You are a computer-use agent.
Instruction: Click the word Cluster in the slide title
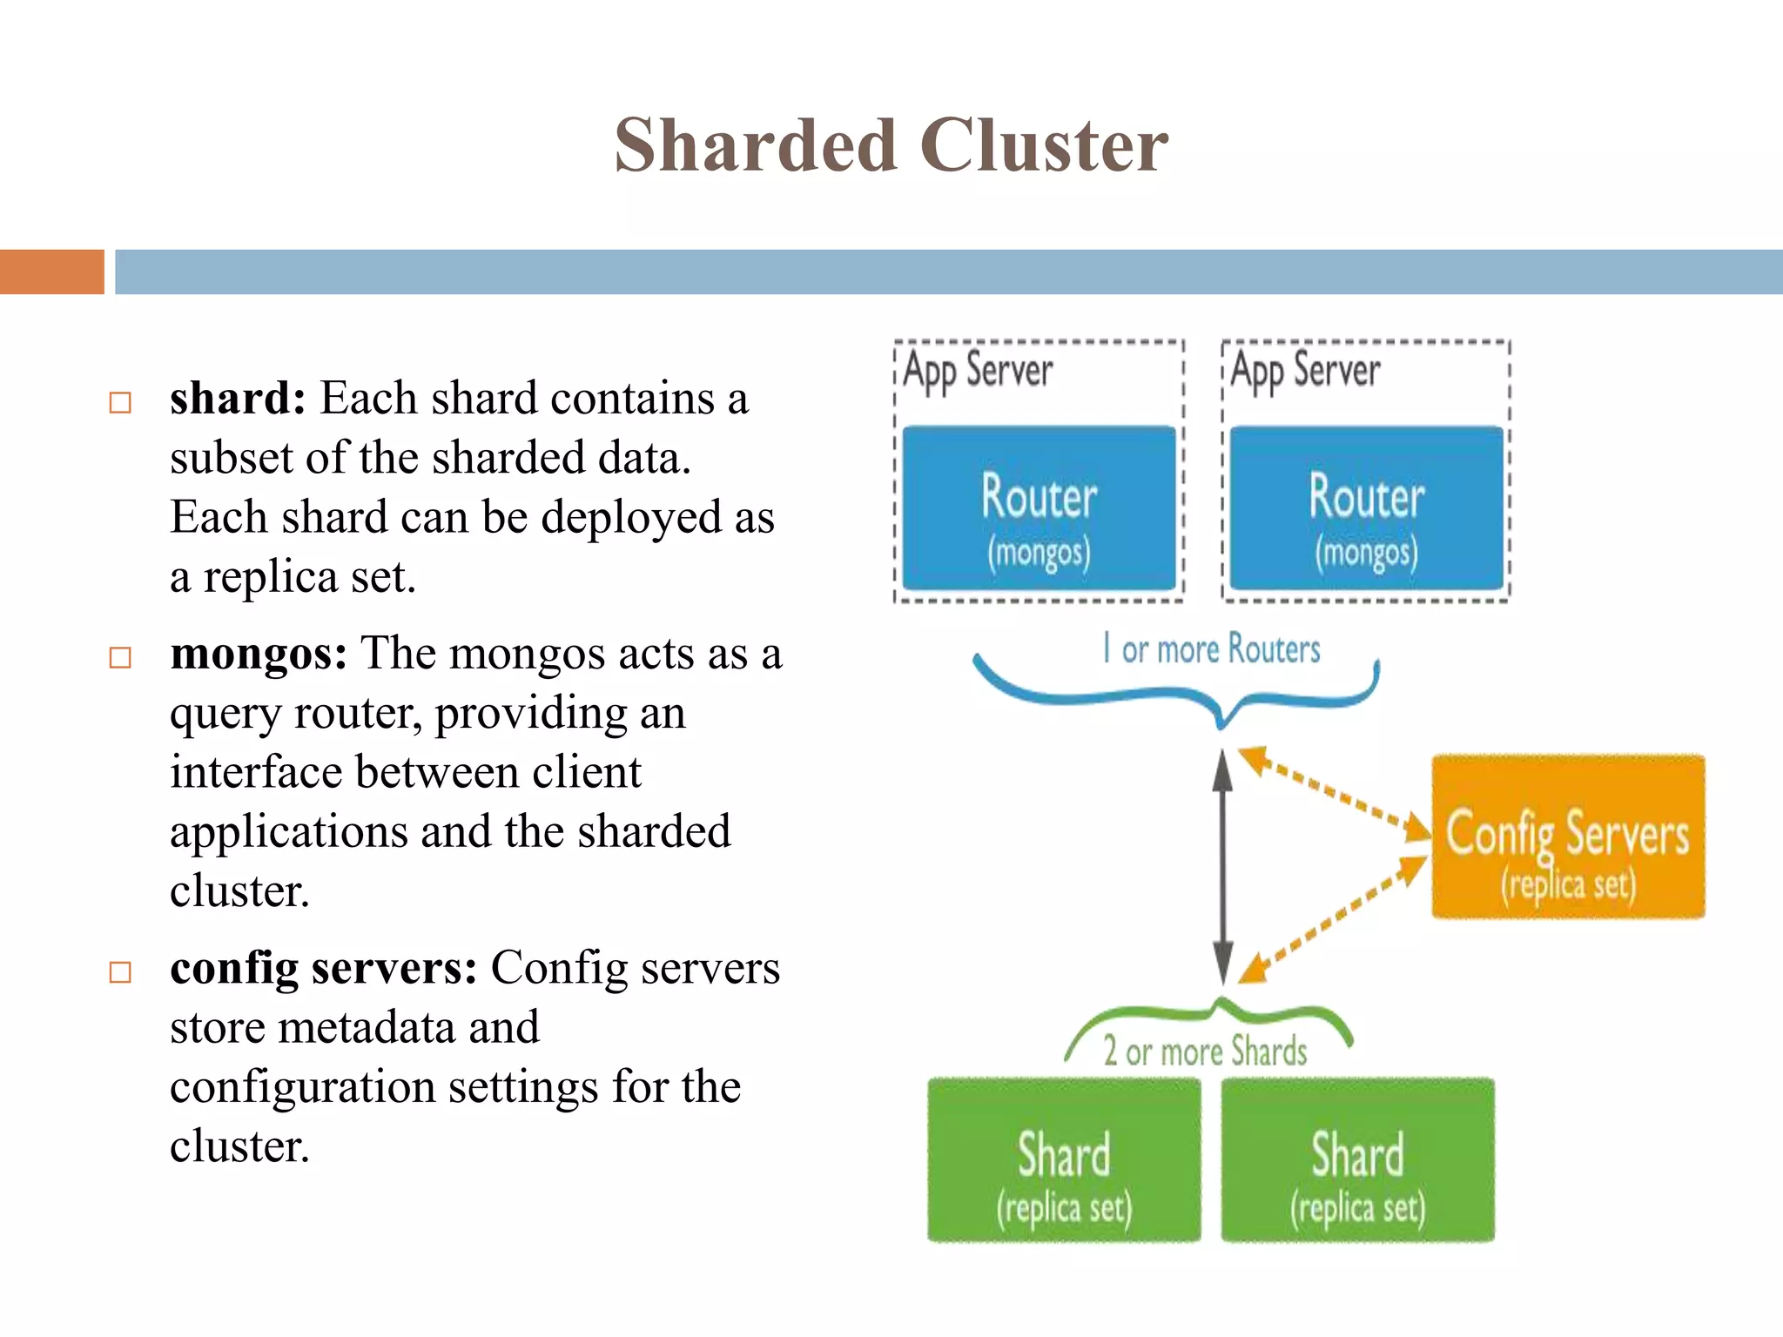pyautogui.click(x=1044, y=145)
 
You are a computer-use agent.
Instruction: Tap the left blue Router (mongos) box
pyautogui.click(x=1039, y=508)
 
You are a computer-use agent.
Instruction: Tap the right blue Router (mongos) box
pyautogui.click(x=1366, y=508)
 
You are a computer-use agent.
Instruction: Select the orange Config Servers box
pyautogui.click(x=1568, y=836)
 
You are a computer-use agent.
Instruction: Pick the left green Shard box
pyautogui.click(x=1064, y=1159)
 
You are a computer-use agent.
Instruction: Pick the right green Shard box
pyautogui.click(x=1357, y=1159)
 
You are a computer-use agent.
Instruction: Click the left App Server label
pyautogui.click(x=978, y=371)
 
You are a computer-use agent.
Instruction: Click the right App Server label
pyautogui.click(x=1305, y=371)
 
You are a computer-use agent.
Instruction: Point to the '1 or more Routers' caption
pyautogui.click(x=1212, y=649)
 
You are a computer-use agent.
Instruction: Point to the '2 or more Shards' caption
pyautogui.click(x=1206, y=1051)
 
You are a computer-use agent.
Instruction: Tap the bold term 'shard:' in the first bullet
pyautogui.click(x=238, y=399)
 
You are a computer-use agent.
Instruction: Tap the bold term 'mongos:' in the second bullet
pyautogui.click(x=259, y=654)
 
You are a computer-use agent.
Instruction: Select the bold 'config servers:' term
pyautogui.click(x=323, y=968)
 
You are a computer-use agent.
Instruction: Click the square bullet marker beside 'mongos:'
pyautogui.click(x=120, y=657)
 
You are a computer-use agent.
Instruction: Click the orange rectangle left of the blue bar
pyautogui.click(x=52, y=272)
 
